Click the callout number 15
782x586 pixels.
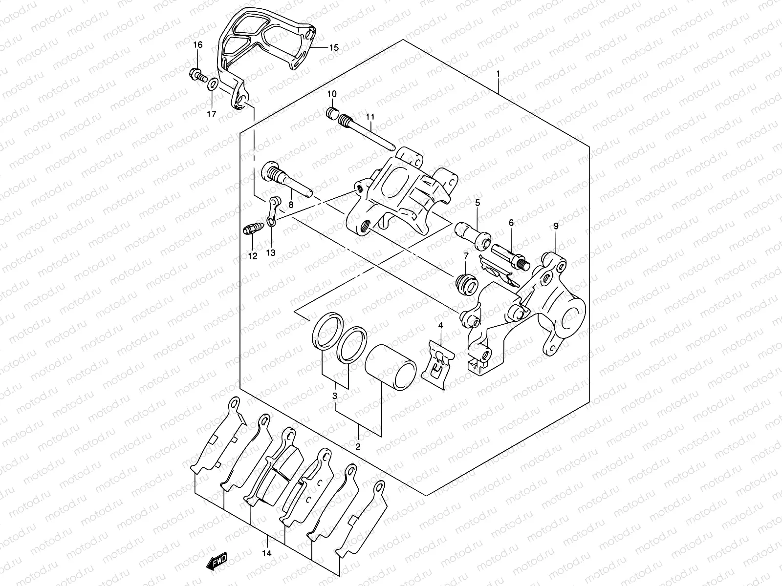click(333, 48)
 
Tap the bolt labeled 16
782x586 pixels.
click(196, 75)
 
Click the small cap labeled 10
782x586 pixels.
click(332, 114)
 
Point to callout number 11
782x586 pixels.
click(369, 117)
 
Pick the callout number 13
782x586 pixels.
click(271, 252)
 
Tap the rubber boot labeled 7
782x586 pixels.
click(465, 285)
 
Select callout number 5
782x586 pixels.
click(477, 202)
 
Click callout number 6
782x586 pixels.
click(511, 222)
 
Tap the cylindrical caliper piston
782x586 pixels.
click(391, 368)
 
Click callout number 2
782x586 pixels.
click(358, 446)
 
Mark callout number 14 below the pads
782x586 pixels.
click(267, 554)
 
